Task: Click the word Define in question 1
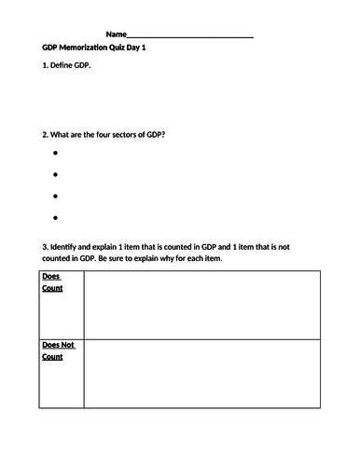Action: tap(67, 71)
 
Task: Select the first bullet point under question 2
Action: tap(56, 153)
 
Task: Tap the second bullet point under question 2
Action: tap(56, 174)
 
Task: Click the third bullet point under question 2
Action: tap(56, 196)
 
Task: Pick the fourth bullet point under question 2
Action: tap(56, 217)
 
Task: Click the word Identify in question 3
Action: tap(69, 246)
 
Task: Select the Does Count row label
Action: tap(53, 282)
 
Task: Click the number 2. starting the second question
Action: tap(46, 133)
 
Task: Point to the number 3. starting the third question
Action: tap(46, 246)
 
